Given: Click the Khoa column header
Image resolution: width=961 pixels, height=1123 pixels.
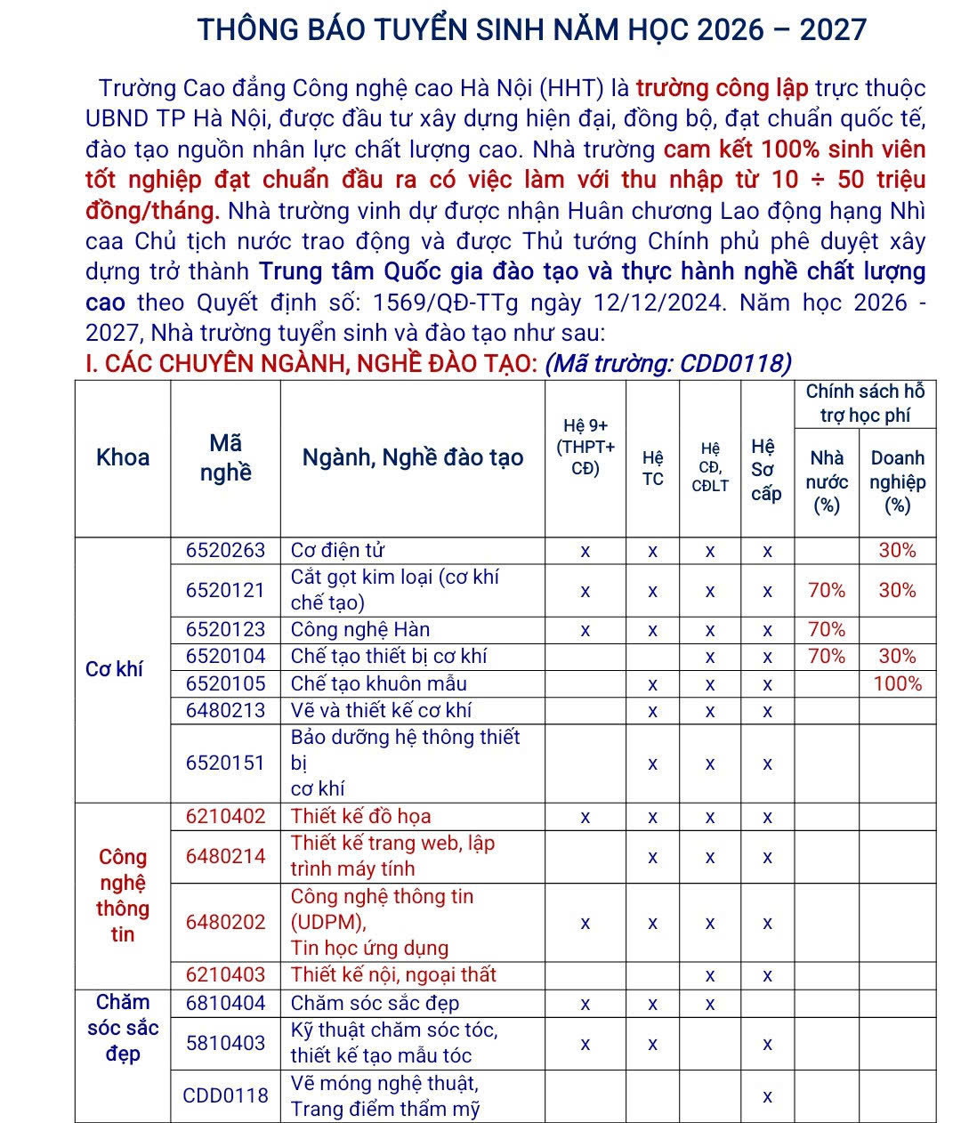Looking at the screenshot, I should tap(123, 457).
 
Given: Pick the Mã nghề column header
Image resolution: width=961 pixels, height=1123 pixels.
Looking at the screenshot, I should tap(225, 457).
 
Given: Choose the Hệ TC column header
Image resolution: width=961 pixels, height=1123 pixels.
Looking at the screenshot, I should tap(652, 468).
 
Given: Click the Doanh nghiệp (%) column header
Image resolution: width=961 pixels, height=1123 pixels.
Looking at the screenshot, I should tap(897, 481).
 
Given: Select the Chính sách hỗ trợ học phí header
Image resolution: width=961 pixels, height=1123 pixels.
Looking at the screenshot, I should tap(865, 403).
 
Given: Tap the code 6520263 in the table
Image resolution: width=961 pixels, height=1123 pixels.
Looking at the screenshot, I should tap(225, 551).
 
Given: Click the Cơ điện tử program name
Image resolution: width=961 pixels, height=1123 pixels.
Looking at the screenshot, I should tap(337, 551).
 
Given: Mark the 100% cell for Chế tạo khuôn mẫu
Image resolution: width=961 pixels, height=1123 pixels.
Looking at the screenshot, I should tap(897, 684).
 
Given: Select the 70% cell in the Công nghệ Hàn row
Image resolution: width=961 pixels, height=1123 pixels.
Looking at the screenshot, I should tap(826, 630).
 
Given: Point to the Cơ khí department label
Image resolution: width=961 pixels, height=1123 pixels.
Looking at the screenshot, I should tap(114, 669).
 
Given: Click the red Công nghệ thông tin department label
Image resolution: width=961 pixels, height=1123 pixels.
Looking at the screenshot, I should tap(123, 895).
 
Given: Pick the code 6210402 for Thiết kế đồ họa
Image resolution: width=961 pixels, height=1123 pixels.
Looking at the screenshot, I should tap(225, 817).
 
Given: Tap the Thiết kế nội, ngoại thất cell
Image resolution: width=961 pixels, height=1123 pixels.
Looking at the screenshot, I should tap(393, 975).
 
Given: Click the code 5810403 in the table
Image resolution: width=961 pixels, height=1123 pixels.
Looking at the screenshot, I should tap(225, 1043).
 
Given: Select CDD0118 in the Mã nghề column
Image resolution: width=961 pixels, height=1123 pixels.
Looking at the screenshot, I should tap(225, 1096).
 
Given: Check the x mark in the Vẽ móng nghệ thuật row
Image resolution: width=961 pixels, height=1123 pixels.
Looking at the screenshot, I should tap(767, 1096).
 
